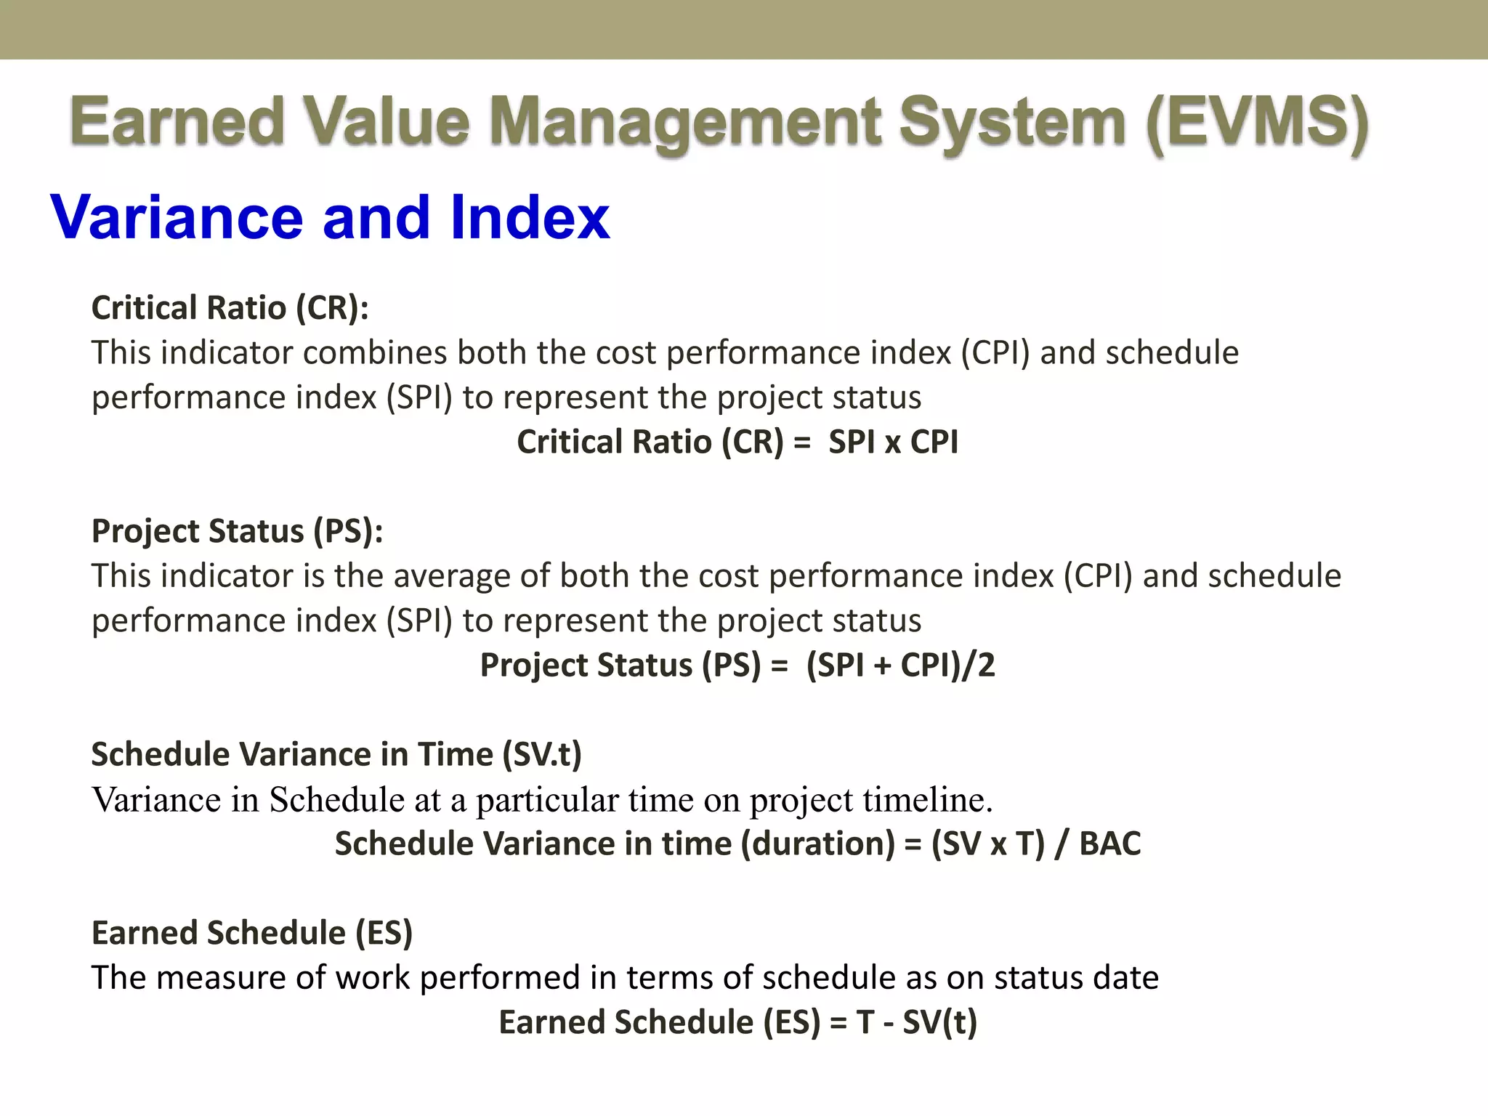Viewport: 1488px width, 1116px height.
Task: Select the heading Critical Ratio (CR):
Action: point(230,308)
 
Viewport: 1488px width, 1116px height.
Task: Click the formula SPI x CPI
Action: point(893,442)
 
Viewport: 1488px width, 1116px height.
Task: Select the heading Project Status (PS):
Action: point(237,531)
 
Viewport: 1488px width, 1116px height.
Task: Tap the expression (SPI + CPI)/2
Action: point(900,665)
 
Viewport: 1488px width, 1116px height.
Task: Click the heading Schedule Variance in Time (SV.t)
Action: point(336,754)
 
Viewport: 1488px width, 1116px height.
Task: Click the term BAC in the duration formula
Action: point(1109,844)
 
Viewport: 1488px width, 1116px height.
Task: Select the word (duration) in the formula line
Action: point(817,844)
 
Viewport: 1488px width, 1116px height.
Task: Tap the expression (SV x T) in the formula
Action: point(987,844)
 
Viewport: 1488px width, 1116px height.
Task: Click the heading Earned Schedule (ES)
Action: point(251,933)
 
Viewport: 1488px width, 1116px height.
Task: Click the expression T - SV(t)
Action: point(916,1022)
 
